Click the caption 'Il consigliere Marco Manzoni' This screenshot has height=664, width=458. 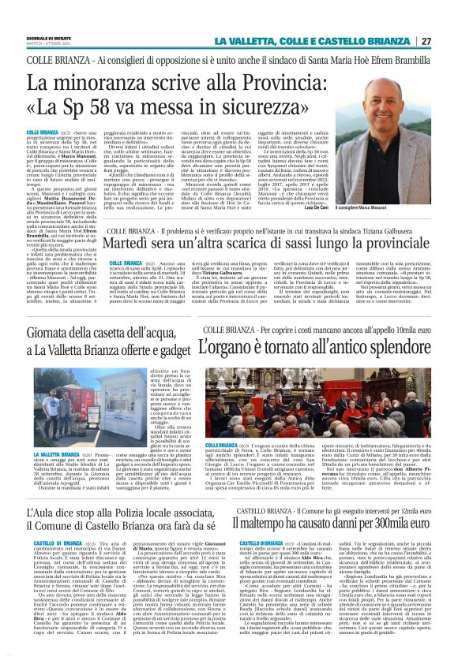[390, 207]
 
